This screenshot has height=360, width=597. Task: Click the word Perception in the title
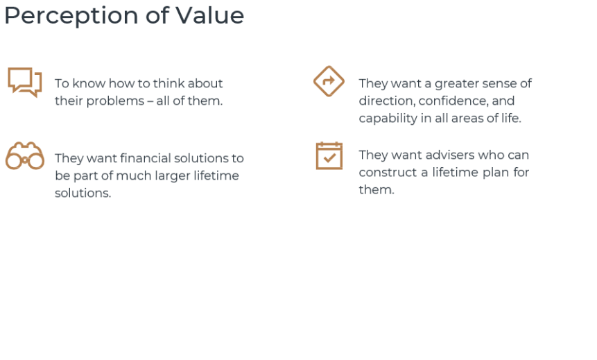click(71, 17)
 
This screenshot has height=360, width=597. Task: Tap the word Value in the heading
click(210, 15)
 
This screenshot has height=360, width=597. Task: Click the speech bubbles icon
click(25, 82)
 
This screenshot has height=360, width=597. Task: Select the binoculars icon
click(25, 156)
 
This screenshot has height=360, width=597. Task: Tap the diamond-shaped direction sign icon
click(329, 81)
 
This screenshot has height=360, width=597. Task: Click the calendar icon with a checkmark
click(329, 155)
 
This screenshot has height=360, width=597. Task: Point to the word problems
click(115, 101)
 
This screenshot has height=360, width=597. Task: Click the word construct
click(388, 173)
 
